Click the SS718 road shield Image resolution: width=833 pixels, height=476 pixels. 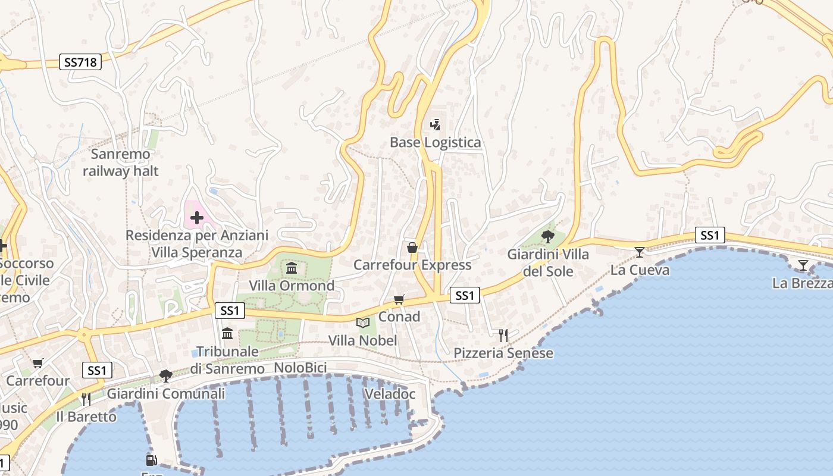pos(80,62)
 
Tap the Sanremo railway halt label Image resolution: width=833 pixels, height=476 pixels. pos(121,163)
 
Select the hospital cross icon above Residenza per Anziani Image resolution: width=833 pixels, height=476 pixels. pos(196,218)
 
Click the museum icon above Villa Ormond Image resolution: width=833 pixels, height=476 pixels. pos(292,268)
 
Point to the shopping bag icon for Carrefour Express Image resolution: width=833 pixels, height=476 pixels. pos(412,248)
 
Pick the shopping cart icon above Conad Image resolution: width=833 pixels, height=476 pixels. pos(399,299)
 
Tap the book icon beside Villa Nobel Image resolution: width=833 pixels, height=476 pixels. pos(362,323)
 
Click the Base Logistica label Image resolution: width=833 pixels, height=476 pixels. pos(435,143)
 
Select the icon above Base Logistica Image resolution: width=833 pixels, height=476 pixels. pos(436,125)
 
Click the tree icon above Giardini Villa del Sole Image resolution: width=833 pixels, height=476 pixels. pos(548,237)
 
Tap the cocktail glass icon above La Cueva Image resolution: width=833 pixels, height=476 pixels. pos(640,252)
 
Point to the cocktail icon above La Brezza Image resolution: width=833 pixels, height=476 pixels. pos(803,265)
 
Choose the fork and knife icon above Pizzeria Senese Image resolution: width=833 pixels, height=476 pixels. pos(503,336)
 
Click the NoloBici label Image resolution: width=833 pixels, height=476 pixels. pos(300,368)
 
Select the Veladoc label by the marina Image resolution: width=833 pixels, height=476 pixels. pos(389,394)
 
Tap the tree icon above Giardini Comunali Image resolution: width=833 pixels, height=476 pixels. pos(165,376)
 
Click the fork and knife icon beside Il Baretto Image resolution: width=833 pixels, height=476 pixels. pos(86,399)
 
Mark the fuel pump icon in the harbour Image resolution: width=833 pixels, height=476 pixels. pos(151,460)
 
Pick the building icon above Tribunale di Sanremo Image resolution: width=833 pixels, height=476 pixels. pos(227,334)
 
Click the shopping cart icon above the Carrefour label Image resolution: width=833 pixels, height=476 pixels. pos(38,363)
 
